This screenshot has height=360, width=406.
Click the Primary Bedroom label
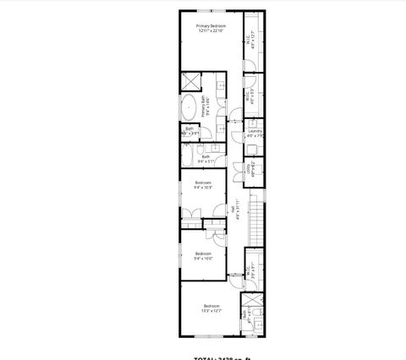(211, 27)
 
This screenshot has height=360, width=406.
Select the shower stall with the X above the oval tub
(191, 83)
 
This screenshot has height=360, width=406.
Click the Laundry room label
(255, 131)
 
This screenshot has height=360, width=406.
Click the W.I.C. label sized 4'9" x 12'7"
(248, 39)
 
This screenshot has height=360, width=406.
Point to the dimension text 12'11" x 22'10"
(211, 32)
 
